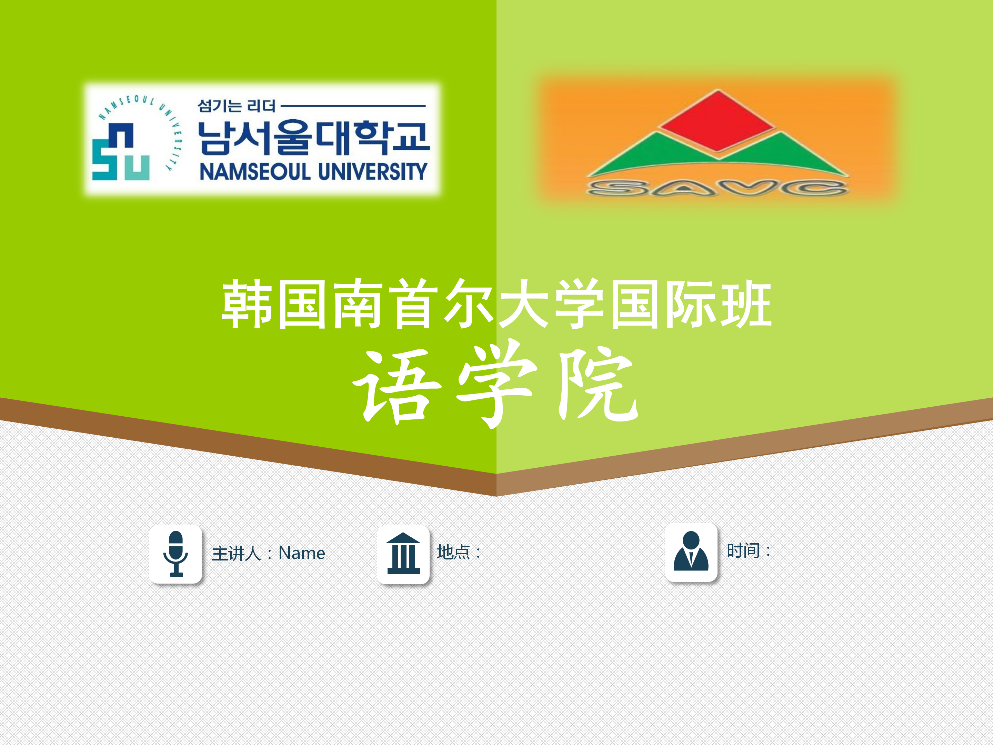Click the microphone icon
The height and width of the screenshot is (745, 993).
point(175,554)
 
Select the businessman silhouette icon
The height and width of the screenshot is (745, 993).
point(691,552)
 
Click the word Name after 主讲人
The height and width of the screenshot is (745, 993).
point(302,553)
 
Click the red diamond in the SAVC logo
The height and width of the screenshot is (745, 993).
point(718,120)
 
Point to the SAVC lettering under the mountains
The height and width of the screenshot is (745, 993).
point(718,188)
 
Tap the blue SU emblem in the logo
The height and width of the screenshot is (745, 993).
point(121,152)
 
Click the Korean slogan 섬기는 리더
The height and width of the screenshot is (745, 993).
point(237,106)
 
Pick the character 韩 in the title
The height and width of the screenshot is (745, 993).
point(247,304)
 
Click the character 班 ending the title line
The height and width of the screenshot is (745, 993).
point(746,304)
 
